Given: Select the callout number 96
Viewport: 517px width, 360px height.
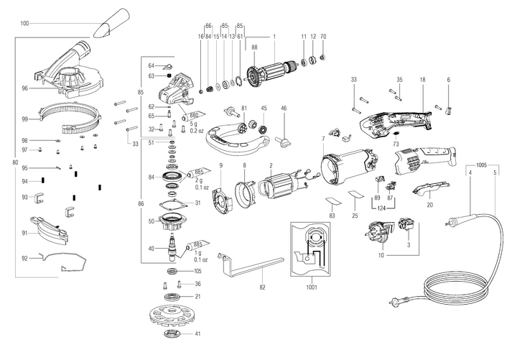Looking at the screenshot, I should pyautogui.click(x=24, y=89).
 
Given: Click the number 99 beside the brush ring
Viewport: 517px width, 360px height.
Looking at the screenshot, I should pyautogui.click(x=24, y=119).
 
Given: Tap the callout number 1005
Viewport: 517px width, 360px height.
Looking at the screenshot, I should pyautogui.click(x=483, y=165).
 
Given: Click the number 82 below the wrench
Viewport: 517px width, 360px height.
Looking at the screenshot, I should pyautogui.click(x=262, y=287).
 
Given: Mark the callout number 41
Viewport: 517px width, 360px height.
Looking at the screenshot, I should pyautogui.click(x=197, y=334).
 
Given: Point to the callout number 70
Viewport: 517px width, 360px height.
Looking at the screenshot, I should pyautogui.click(x=323, y=36).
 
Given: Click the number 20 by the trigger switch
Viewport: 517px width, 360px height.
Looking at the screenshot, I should pyautogui.click(x=429, y=204).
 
